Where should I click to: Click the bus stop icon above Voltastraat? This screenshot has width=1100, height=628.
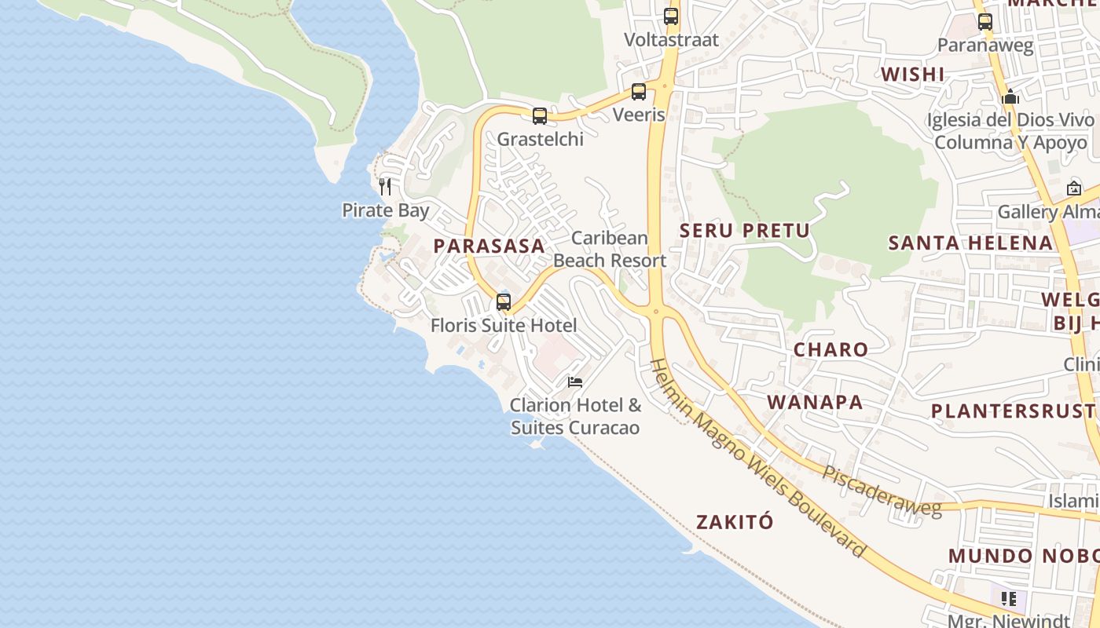tap(671, 16)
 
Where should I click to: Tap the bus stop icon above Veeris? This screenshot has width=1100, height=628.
tap(639, 92)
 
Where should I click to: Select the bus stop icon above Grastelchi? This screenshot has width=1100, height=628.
tap(540, 116)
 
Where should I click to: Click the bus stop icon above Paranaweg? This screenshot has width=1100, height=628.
tap(985, 22)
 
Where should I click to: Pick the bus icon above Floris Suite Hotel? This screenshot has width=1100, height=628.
tap(504, 301)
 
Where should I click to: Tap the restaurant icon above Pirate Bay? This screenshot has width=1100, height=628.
tap(385, 186)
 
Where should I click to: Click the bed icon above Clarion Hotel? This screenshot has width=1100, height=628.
tap(575, 382)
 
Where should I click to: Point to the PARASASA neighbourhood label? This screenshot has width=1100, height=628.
tap(489, 246)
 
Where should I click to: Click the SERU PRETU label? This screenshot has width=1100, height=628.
tap(744, 231)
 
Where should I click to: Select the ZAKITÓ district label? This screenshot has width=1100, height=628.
tap(735, 522)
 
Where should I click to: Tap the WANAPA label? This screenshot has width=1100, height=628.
tap(815, 403)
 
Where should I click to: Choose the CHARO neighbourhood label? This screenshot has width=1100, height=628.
tap(830, 350)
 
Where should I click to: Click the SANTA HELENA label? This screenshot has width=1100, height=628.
tap(970, 243)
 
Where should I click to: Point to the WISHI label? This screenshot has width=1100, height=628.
tap(912, 75)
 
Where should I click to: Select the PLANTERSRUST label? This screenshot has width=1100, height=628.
tap(1014, 411)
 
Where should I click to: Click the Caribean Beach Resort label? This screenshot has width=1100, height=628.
tap(610, 249)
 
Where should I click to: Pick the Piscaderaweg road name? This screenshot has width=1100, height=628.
tap(882, 492)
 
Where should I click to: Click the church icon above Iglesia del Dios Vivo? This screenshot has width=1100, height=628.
tap(1010, 97)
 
